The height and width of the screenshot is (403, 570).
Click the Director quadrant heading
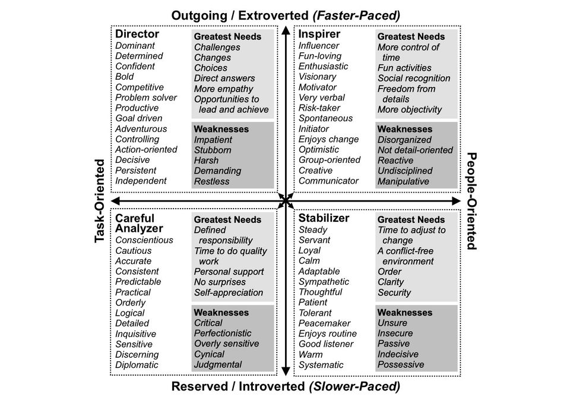click(137, 34)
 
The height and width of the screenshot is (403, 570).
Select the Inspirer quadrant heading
click(319, 34)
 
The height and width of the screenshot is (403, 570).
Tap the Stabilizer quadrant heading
click(324, 218)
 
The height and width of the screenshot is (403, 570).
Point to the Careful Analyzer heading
click(139, 223)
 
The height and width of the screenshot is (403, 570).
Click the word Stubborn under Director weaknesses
click(213, 150)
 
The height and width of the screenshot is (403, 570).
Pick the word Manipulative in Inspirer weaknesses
click(403, 181)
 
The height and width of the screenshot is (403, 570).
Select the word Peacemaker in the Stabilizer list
click(324, 323)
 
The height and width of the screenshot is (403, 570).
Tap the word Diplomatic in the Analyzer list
click(137, 365)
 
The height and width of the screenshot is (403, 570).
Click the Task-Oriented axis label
click(100, 201)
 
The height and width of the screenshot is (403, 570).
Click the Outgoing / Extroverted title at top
click(286, 15)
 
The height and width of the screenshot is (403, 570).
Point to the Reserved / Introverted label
click(286, 386)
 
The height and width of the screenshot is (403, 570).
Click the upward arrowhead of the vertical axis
click(286, 30)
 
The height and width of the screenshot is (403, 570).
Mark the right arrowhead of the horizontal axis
click(456, 201)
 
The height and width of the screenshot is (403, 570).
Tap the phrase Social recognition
click(414, 78)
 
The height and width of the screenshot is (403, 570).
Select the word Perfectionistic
click(223, 333)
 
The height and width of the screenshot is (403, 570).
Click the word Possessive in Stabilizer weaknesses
click(401, 365)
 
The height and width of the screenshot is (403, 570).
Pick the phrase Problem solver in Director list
click(146, 97)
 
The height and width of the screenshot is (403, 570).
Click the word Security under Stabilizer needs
click(394, 292)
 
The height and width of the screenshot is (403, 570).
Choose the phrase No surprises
click(220, 282)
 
